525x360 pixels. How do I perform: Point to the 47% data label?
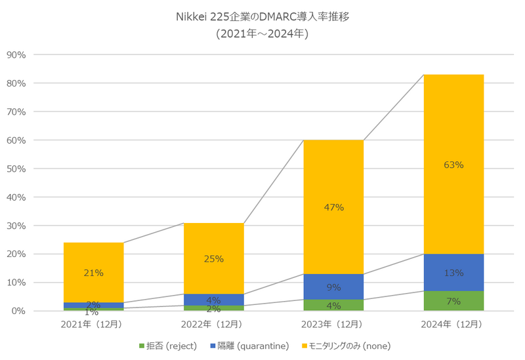[333, 207]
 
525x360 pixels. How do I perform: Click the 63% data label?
[453, 165]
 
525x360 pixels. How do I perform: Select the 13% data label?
[453, 273]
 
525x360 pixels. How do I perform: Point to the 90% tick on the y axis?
[15, 55]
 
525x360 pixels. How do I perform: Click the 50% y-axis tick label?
[15, 169]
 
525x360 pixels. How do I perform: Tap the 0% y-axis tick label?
[18, 311]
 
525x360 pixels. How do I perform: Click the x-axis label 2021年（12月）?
[94, 324]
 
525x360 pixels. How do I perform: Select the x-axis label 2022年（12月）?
[213, 324]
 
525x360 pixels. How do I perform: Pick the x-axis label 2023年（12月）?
[333, 324]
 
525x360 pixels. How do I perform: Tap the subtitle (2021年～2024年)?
[262, 33]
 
